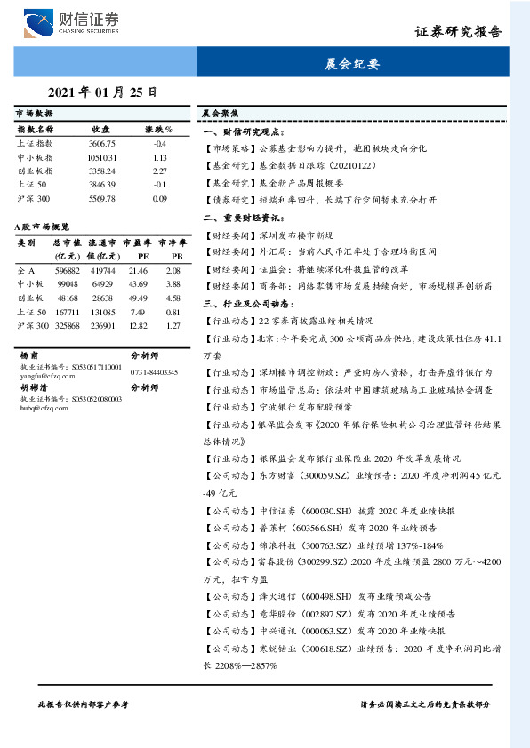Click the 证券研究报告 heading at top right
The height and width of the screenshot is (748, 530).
point(458,32)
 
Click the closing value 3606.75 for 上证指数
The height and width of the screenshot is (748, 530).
point(102,143)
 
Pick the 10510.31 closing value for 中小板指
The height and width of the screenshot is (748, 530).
point(102,157)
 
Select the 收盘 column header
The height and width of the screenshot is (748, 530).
point(100,130)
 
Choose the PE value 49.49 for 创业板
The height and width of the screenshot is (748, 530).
point(138,298)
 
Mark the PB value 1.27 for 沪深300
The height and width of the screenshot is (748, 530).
point(173,326)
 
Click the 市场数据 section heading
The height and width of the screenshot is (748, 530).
point(35,115)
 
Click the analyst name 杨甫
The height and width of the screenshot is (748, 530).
point(28,354)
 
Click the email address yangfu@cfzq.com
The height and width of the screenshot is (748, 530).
point(44,375)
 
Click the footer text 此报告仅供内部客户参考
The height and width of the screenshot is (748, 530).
point(83,704)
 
